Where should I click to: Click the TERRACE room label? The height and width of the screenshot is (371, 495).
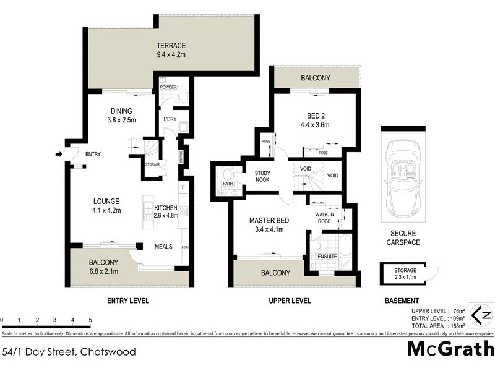171,49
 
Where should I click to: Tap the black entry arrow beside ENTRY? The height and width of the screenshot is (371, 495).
59,155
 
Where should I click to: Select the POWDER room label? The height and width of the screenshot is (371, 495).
168,87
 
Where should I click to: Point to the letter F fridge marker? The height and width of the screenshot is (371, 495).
183,185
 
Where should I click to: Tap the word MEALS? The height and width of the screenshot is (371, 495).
163,246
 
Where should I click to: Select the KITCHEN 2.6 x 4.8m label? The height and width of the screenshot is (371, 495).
166,211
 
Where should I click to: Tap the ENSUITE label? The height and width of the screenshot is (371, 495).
328,255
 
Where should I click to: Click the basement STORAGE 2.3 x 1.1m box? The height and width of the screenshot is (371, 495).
402,274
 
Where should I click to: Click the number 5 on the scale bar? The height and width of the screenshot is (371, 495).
90,320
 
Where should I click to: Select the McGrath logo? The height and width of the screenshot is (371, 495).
450,349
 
